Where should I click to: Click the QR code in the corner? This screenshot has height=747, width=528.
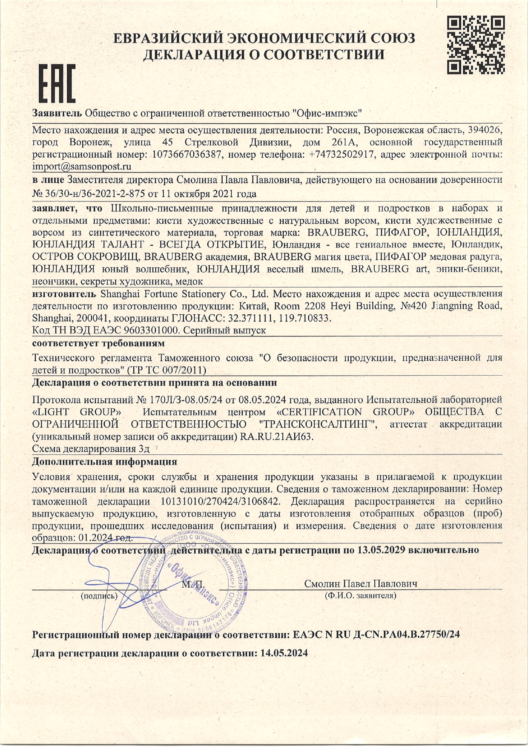tap(476, 45)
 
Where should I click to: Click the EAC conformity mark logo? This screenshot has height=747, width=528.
tap(57, 84)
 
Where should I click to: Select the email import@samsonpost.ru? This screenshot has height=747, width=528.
tap(82, 166)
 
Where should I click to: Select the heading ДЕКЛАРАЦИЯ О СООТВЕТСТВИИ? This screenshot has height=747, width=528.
tap(264, 55)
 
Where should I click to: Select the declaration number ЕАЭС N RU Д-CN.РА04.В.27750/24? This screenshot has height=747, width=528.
tap(376, 635)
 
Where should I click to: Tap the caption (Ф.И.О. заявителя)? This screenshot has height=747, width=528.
tap(360, 595)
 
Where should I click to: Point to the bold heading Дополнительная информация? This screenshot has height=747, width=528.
tap(105, 462)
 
